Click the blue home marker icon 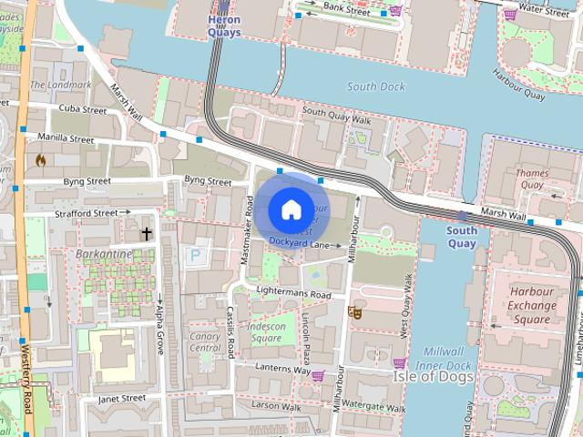(x=291, y=210)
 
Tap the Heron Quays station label (x=224, y=25)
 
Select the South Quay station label (x=462, y=237)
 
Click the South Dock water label (x=375, y=86)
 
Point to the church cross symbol (x=146, y=234)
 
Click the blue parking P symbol (x=194, y=258)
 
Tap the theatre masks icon (x=354, y=312)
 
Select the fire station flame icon (x=40, y=160)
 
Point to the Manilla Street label (x=66, y=139)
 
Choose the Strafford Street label (x=87, y=213)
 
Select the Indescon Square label (x=266, y=332)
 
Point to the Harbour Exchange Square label (x=532, y=306)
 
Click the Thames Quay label (x=531, y=178)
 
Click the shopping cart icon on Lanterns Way (x=318, y=375)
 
